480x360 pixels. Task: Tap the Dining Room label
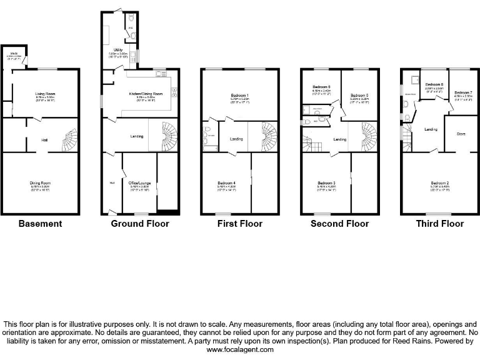(41, 183)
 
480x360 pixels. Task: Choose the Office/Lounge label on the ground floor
(139, 184)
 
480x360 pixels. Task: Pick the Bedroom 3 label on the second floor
(327, 183)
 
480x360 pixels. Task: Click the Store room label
(461, 133)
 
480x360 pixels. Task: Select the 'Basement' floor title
(41, 223)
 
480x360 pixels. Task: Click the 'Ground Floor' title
(140, 223)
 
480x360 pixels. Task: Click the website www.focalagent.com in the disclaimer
(240, 350)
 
